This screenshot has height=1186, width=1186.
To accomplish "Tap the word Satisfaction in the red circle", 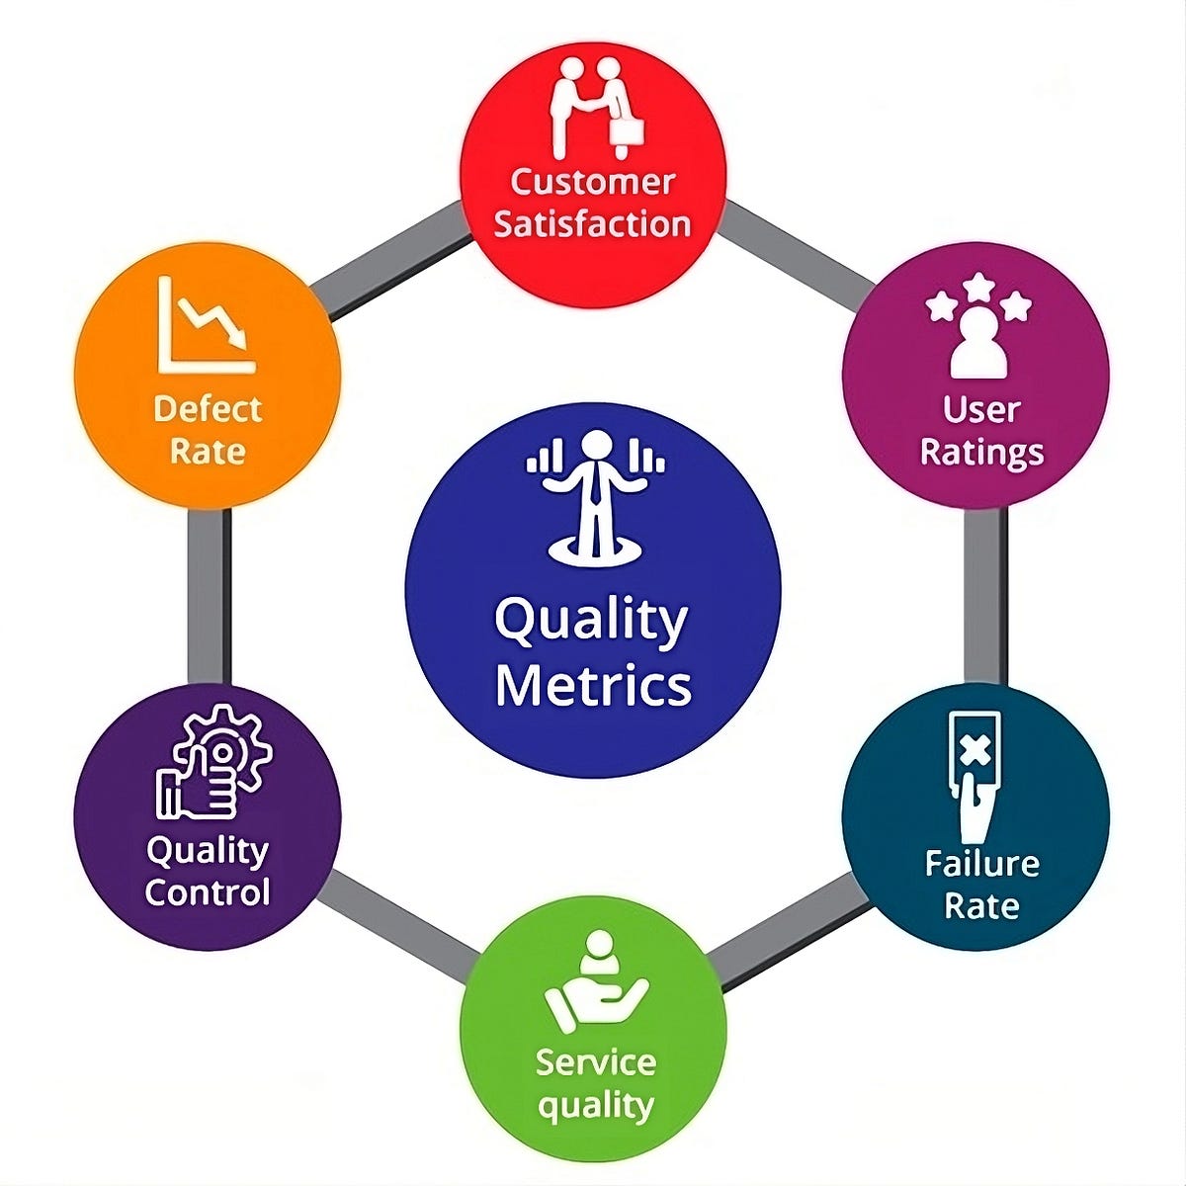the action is click(x=592, y=223).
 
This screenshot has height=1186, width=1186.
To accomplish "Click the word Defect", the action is click(x=208, y=408).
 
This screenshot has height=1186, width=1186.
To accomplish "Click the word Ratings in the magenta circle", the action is click(x=980, y=453).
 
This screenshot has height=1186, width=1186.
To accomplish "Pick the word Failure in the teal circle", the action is click(x=981, y=864).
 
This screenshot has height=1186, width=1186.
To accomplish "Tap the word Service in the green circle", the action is click(x=595, y=1062).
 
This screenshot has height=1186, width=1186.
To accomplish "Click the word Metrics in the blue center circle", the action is click(x=593, y=685).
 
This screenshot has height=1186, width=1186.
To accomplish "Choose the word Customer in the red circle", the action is click(x=593, y=182).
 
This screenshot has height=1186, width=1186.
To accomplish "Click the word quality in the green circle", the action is click(x=595, y=1106).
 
